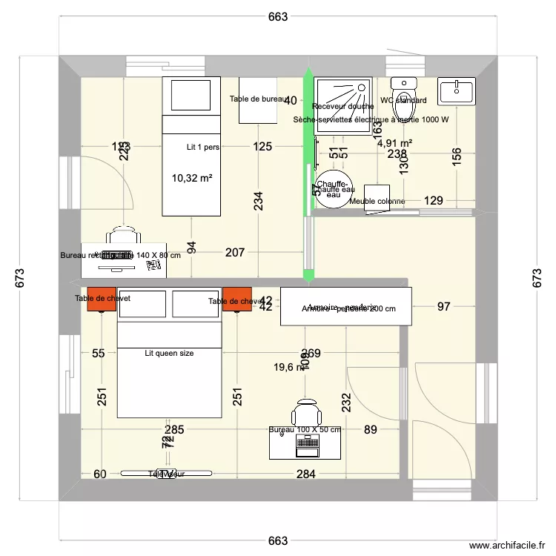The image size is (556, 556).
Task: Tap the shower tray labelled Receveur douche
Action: [342, 105]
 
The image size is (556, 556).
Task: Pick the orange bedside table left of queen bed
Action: [102, 299]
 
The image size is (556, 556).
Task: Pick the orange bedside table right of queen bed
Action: [237, 299]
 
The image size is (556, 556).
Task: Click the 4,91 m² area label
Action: [394, 143]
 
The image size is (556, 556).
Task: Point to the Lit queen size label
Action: [169, 354]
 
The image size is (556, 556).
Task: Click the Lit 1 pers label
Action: [203, 148]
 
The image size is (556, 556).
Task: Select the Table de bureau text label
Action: [257, 99]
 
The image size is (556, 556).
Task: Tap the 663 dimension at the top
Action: [277, 17]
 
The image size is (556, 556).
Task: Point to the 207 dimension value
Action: [234, 253]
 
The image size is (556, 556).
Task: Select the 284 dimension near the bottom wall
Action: [305, 474]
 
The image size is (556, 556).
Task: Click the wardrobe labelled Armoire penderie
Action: [345, 307]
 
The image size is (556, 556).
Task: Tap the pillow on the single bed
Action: [191, 95]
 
